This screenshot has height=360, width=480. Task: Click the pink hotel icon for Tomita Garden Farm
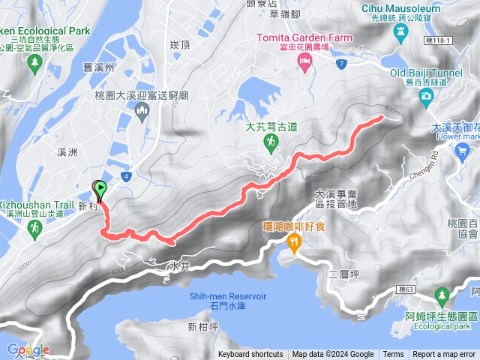click(304, 66)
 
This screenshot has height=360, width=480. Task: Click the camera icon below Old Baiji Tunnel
click(426, 95)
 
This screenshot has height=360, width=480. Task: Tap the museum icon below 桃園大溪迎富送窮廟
click(142, 112)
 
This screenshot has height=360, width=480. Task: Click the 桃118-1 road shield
click(437, 40)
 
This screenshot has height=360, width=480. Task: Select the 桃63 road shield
click(406, 289)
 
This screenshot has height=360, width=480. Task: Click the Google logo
click(28, 349)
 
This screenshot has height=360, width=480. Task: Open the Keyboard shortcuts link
click(251, 355)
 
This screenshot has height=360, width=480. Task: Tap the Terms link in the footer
click(393, 355)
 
